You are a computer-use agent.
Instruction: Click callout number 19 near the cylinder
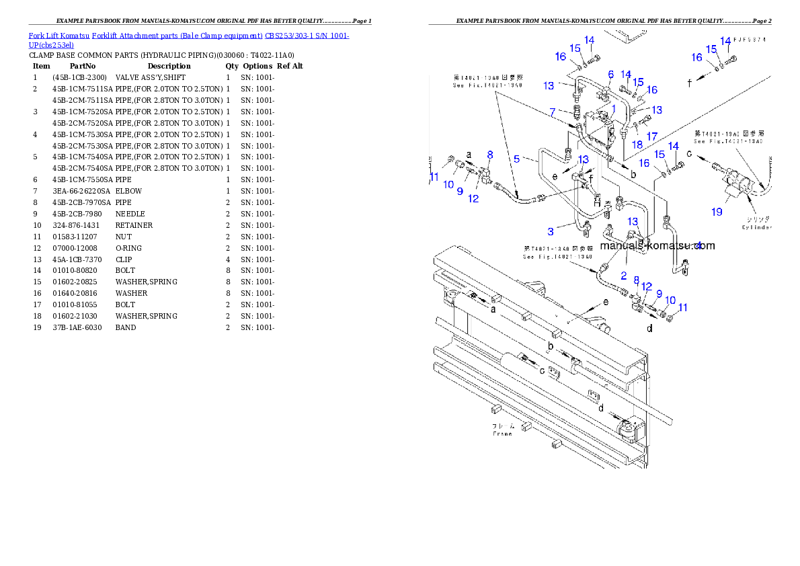pyautogui.click(x=717, y=212)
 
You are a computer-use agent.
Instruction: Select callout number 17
pyautogui.click(x=652, y=136)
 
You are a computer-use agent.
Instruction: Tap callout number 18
pyautogui.click(x=637, y=145)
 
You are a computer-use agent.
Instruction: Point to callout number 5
pyautogui.click(x=516, y=159)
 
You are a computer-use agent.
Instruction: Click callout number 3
pyautogui.click(x=551, y=232)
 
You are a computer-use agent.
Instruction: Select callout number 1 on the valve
pyautogui.click(x=613, y=108)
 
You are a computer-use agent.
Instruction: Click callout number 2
pyautogui.click(x=623, y=276)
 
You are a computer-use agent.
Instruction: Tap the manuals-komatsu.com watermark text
pyautogui.click(x=657, y=246)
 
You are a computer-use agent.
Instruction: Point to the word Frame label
pyautogui.click(x=502, y=434)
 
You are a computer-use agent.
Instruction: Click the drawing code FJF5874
pyautogui.click(x=750, y=40)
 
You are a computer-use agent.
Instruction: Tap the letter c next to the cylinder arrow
pyautogui.click(x=689, y=154)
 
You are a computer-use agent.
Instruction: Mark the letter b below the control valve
pyautogui.click(x=633, y=174)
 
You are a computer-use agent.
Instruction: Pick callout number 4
pyautogui.click(x=698, y=245)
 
